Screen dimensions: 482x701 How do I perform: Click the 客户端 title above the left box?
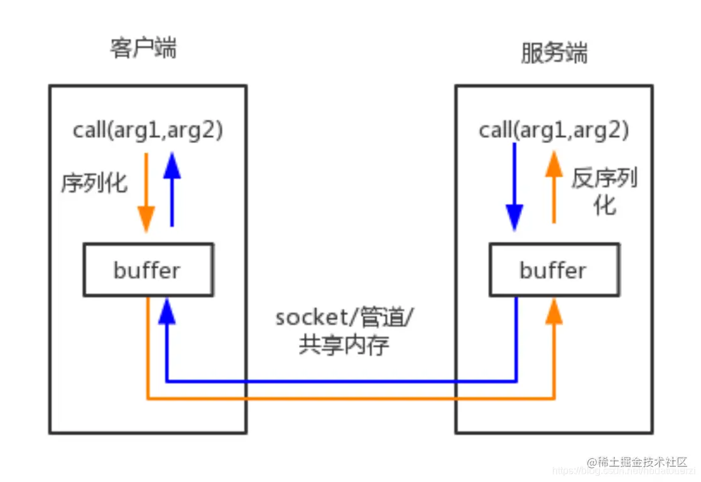(143, 48)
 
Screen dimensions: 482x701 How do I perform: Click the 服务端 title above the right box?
(554, 53)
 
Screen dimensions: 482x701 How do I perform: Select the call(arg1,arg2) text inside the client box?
(148, 131)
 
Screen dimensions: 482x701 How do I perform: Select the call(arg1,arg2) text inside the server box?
(554, 131)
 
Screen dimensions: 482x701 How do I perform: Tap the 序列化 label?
(94, 183)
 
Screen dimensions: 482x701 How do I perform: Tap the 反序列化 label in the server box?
(604, 191)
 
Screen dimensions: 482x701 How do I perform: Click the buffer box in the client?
(148, 270)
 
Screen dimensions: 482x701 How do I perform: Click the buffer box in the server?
(553, 270)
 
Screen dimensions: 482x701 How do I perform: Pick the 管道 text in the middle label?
(384, 318)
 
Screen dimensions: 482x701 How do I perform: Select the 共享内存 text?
(344, 346)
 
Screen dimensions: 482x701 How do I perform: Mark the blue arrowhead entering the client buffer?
(166, 309)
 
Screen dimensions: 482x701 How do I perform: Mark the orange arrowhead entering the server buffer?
(553, 310)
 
